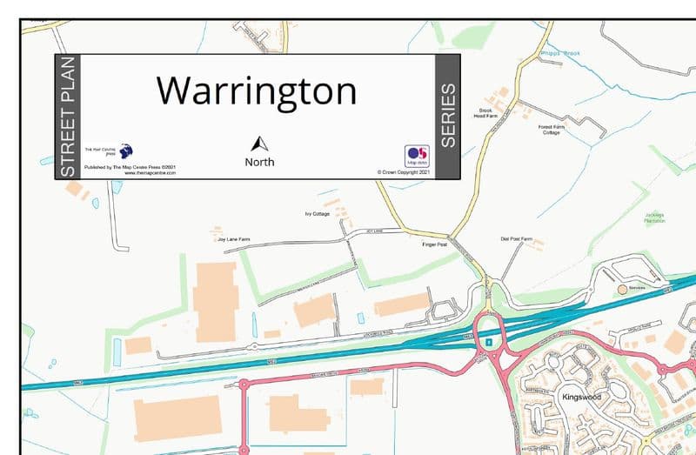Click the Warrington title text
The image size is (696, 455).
[x=257, y=90]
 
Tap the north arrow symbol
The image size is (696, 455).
[x=259, y=144]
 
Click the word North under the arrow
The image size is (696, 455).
[x=259, y=162]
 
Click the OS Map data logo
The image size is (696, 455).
[x=418, y=155]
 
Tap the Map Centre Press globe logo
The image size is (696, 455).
[x=126, y=150]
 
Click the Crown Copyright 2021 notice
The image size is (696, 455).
[x=405, y=172]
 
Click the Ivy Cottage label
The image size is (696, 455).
[x=317, y=213]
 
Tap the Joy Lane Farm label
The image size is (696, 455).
[x=233, y=237]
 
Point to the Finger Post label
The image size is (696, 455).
[x=434, y=244]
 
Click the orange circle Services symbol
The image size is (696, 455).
[x=622, y=288]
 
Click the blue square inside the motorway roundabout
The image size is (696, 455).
[x=490, y=342]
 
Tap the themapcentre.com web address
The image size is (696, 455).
[x=151, y=172]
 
